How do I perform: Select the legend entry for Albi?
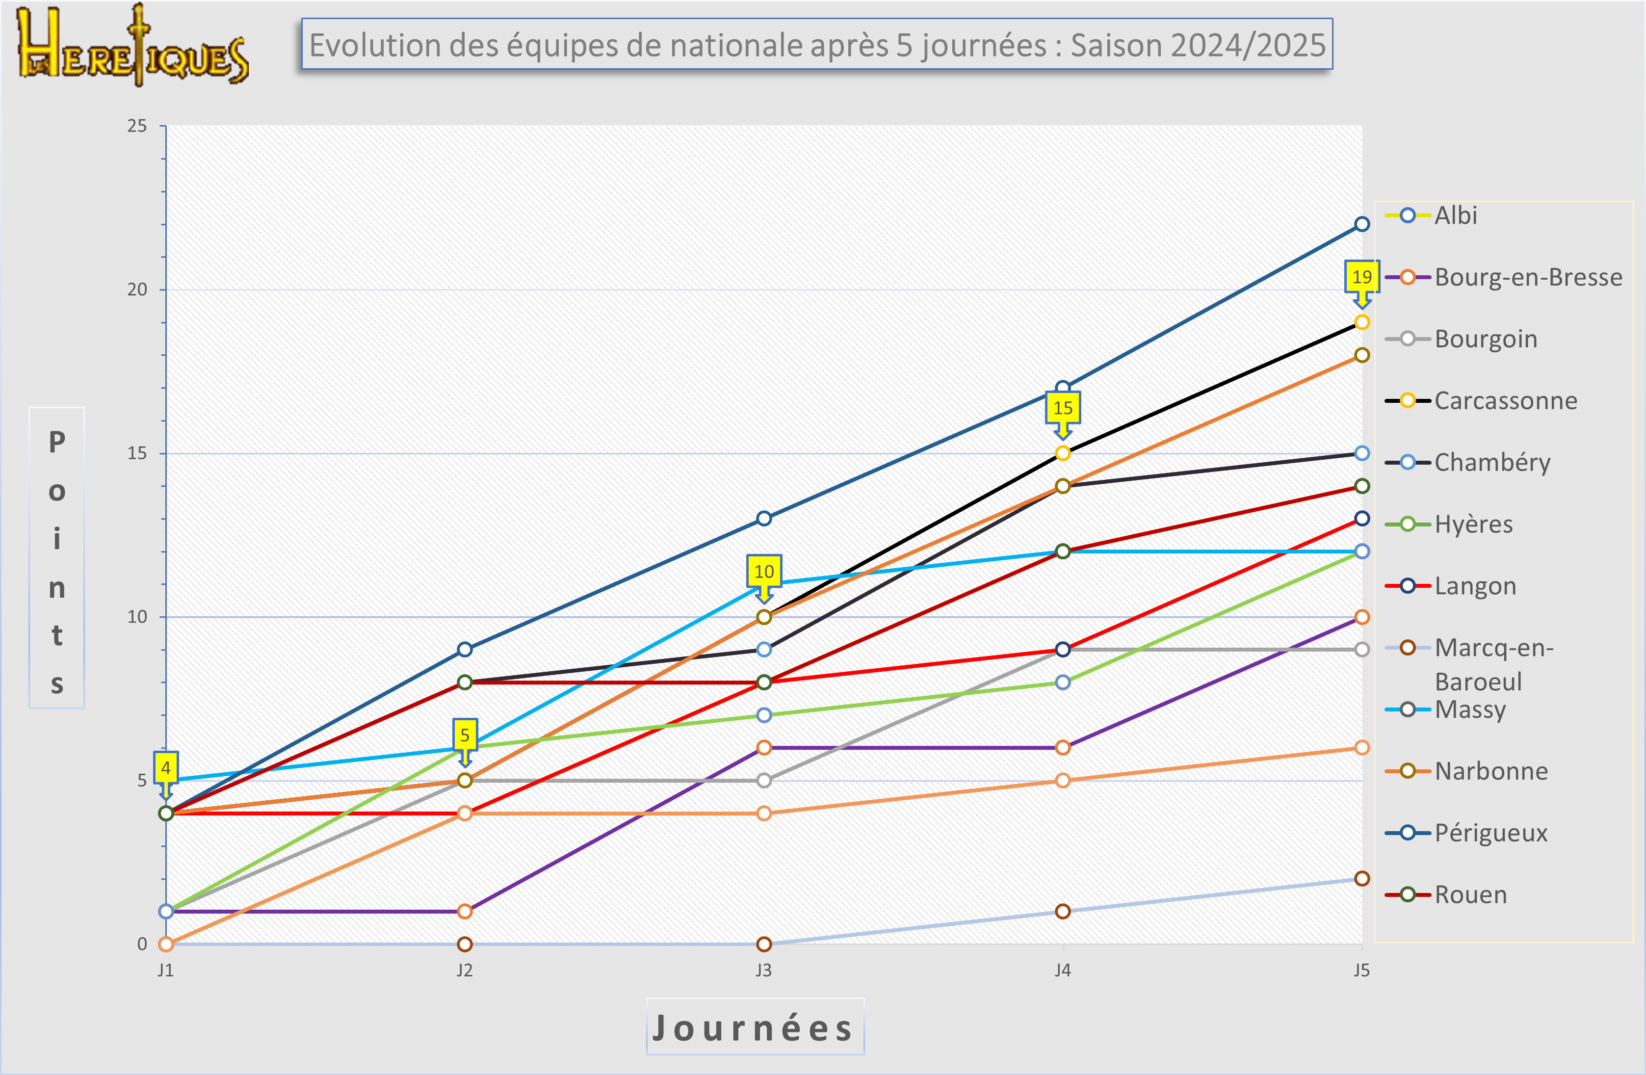point(1455,215)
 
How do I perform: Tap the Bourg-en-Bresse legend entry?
point(1528,277)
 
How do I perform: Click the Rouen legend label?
point(1470,894)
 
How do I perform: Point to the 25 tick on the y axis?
point(137,126)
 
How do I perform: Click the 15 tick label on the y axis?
point(137,453)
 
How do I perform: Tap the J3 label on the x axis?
point(763,970)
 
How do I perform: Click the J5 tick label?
point(1361,970)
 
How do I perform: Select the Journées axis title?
point(755,1027)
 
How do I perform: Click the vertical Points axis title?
point(57,557)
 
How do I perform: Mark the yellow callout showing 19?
point(1361,277)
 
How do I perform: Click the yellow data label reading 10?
point(763,572)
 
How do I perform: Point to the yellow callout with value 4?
point(165,768)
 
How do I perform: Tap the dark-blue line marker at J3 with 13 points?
point(763,518)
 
